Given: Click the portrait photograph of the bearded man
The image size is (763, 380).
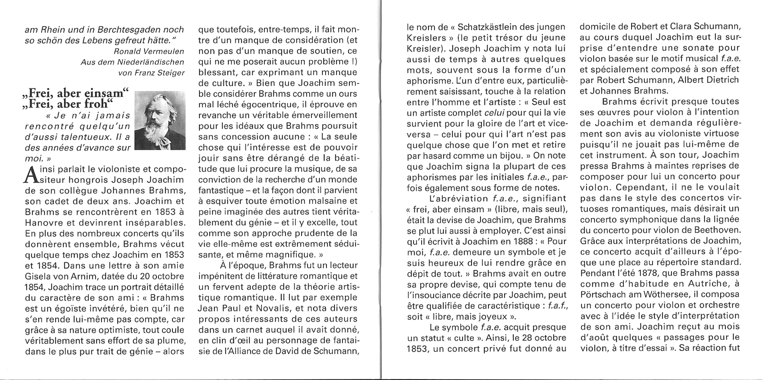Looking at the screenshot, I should point(160,121).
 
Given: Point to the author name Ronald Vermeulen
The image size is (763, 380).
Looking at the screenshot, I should point(149,51).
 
